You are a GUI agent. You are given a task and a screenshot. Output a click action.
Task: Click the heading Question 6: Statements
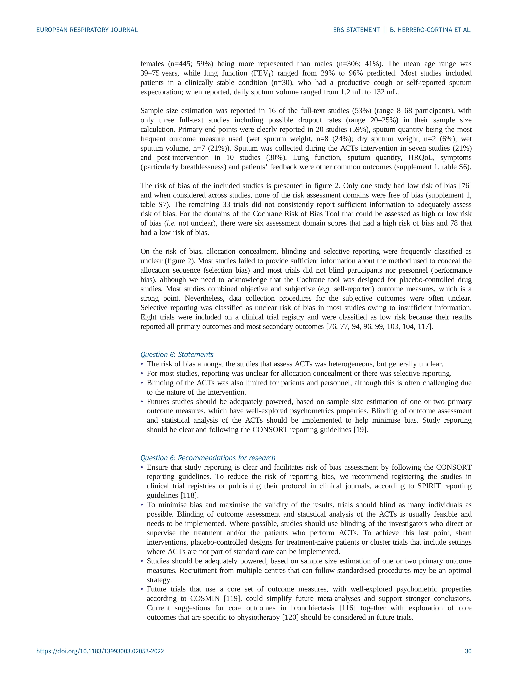[177, 354]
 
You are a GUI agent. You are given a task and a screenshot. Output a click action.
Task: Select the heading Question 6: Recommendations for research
[208, 458]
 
